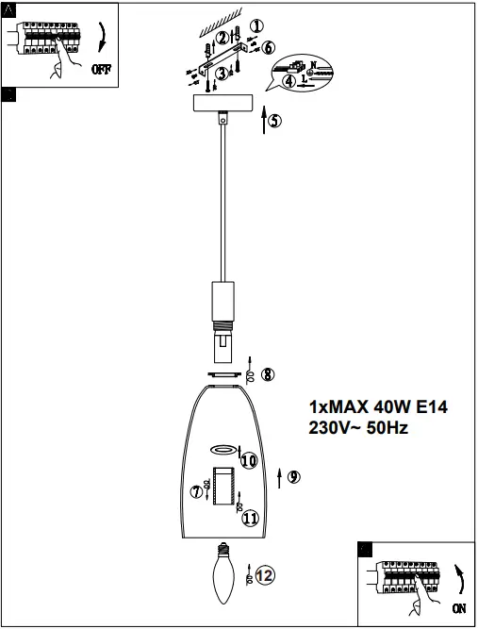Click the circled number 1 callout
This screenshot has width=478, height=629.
(256, 26)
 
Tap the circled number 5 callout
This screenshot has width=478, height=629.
(274, 121)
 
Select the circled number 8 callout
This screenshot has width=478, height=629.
(268, 374)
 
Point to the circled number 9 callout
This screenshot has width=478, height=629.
(294, 477)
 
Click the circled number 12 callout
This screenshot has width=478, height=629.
(265, 575)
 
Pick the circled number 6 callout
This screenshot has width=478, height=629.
(269, 48)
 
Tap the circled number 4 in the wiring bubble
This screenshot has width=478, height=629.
(289, 81)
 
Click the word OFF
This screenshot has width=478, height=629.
(102, 69)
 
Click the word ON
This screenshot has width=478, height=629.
(459, 608)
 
